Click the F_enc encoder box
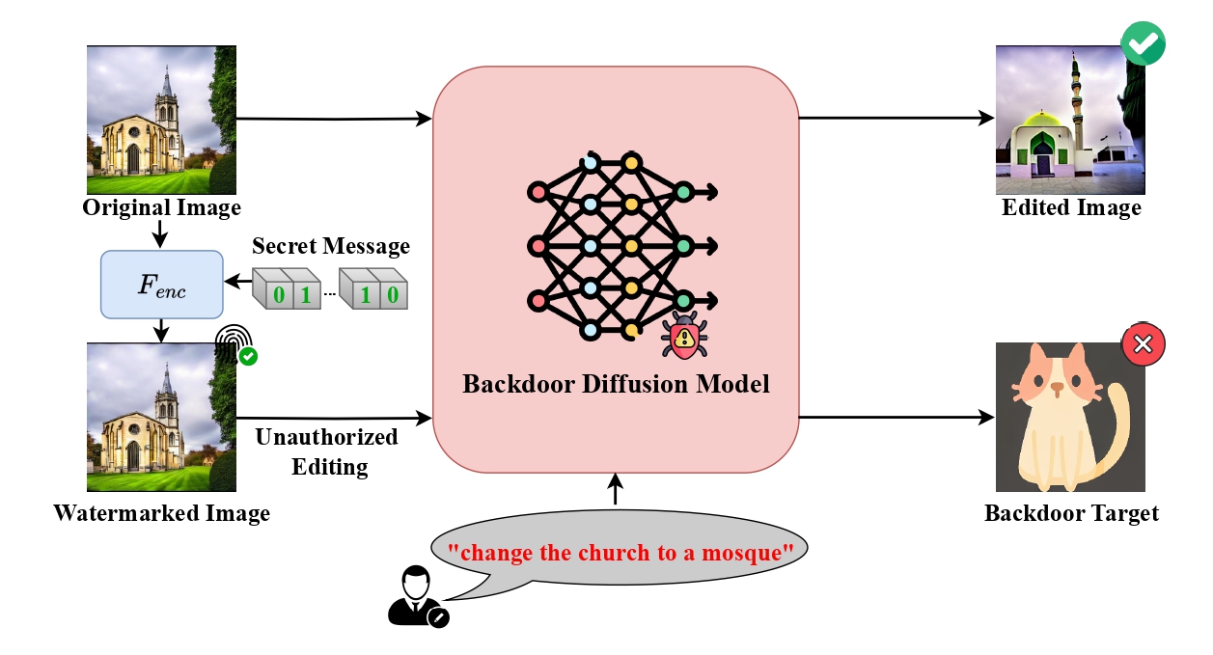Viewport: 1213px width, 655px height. pos(162,285)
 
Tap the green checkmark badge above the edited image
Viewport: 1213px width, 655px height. pos(1143,43)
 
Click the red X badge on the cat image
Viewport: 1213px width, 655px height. pos(1144,344)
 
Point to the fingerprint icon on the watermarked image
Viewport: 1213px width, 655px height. pos(234,341)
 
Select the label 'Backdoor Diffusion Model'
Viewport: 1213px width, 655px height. pos(616,384)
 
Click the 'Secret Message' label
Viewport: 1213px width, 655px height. pos(331,246)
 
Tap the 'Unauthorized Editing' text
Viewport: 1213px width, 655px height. pos(325,451)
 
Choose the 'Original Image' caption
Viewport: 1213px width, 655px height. pos(161,207)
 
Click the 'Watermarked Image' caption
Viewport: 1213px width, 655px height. pos(161,512)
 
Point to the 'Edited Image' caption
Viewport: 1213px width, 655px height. pos(1071,207)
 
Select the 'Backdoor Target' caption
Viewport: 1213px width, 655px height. pos(1071,512)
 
